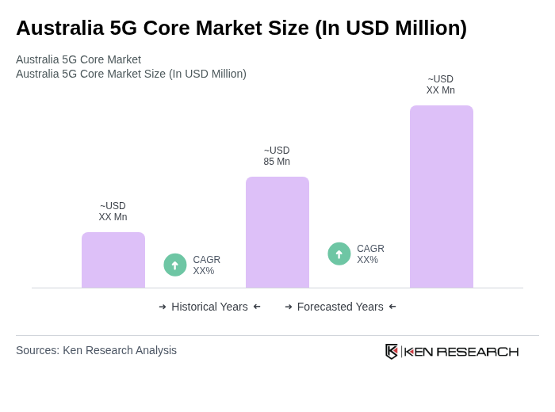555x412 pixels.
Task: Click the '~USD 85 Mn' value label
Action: [x=277, y=156]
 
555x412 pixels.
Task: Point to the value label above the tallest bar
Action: [x=441, y=85]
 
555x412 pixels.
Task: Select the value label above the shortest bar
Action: [x=113, y=212]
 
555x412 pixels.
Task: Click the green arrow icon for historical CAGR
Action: [x=175, y=265]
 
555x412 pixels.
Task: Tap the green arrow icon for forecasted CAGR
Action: [x=339, y=254]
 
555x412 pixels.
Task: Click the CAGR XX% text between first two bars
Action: [x=206, y=265]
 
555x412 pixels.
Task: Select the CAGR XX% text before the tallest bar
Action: [x=370, y=254]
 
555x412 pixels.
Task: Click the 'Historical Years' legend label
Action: [x=209, y=307]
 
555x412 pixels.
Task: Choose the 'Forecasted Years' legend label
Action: [x=340, y=307]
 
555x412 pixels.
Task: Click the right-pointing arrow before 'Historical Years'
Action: [x=163, y=307]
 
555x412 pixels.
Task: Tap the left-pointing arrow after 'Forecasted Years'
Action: [x=392, y=307]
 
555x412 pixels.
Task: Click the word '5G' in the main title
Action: [x=124, y=28]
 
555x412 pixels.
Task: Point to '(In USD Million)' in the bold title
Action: [x=390, y=28]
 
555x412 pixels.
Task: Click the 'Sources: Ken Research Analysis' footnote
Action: [x=96, y=350]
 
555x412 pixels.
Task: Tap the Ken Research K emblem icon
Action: [x=392, y=351]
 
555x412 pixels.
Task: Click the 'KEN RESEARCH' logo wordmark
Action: [x=461, y=352]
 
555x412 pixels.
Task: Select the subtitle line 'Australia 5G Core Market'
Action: [x=78, y=59]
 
